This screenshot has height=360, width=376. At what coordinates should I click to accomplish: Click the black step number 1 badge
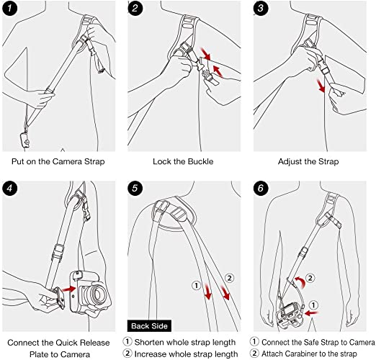[9, 9]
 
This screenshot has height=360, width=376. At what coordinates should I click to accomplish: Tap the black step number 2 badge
[135, 9]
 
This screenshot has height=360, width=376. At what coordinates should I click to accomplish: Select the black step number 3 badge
[261, 9]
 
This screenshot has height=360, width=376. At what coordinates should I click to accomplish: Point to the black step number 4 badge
[9, 188]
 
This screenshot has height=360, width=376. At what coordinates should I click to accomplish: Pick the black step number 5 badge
[135, 188]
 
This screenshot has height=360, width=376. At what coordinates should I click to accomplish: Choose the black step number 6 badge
[261, 188]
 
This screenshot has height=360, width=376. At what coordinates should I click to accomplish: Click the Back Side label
[149, 326]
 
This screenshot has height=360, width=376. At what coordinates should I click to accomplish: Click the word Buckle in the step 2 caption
[201, 161]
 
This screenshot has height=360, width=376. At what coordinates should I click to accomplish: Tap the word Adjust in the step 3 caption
[288, 162]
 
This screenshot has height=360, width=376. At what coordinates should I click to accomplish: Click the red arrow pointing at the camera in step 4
[68, 289]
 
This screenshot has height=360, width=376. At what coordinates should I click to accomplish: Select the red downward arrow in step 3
[321, 86]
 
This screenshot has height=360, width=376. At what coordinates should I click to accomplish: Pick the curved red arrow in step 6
[300, 282]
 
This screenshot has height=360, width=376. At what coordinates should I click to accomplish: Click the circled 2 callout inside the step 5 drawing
[229, 278]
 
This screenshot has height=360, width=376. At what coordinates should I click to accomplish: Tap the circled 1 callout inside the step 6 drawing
[313, 305]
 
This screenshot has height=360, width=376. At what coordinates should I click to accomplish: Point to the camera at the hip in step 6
[290, 315]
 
